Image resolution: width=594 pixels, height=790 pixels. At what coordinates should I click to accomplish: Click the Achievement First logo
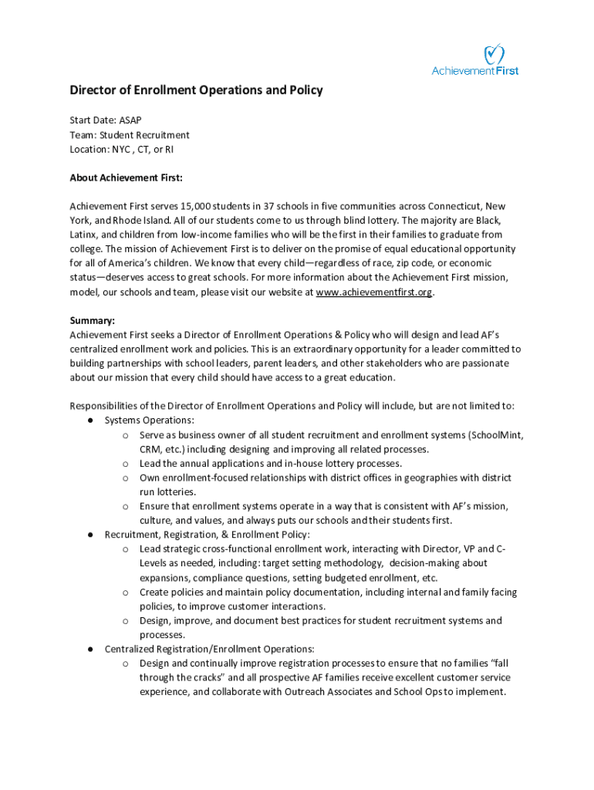pyautogui.click(x=475, y=60)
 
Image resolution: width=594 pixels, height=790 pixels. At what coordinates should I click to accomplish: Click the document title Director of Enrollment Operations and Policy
pyautogui.click(x=196, y=90)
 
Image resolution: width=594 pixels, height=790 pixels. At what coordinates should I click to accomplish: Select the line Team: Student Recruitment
pyautogui.click(x=129, y=135)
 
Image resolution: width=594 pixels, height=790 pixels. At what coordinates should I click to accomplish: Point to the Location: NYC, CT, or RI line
pyautogui.click(x=121, y=150)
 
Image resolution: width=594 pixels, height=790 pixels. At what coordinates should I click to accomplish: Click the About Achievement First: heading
pyautogui.click(x=126, y=178)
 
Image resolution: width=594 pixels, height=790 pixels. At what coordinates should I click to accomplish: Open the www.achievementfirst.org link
pyautogui.click(x=373, y=292)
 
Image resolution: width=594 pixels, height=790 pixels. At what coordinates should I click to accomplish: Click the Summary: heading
pyautogui.click(x=93, y=320)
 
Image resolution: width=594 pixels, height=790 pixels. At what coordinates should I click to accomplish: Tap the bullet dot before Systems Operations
pyautogui.click(x=90, y=420)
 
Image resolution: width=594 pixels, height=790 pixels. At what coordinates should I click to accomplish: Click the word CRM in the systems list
pyautogui.click(x=150, y=449)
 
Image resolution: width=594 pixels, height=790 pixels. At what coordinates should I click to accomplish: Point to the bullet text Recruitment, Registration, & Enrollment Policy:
pyautogui.click(x=207, y=535)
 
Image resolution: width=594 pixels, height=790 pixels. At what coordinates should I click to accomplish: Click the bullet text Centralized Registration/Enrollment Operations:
pyautogui.click(x=209, y=649)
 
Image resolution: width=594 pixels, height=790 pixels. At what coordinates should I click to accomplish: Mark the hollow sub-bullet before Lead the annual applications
pyautogui.click(x=125, y=464)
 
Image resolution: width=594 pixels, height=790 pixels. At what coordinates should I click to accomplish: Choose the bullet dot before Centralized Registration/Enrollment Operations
pyautogui.click(x=90, y=649)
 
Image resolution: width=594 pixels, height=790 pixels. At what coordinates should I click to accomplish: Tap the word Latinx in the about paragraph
pyautogui.click(x=83, y=235)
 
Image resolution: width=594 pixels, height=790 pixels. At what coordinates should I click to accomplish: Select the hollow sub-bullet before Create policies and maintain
pyautogui.click(x=125, y=592)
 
